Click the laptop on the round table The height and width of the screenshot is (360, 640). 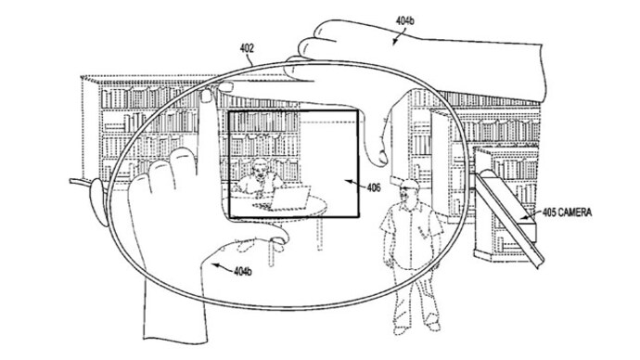point(294,196)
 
